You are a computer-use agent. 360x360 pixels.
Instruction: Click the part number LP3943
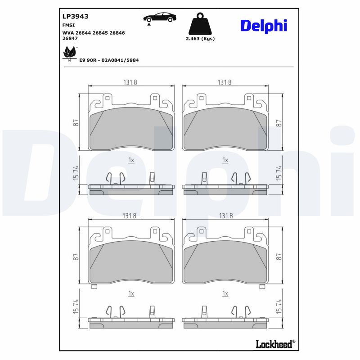tap(75, 16)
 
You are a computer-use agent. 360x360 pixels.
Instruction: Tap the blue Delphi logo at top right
tap(263, 26)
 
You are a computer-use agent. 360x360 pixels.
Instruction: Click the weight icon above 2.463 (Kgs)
tap(200, 24)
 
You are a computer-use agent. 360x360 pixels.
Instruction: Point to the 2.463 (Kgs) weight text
tap(200, 39)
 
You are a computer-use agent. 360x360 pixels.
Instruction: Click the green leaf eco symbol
tap(69, 53)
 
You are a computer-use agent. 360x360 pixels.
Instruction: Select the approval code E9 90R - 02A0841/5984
tap(108, 60)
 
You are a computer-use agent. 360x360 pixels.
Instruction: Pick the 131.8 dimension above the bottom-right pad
tap(225, 216)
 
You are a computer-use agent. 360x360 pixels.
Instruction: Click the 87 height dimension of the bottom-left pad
tap(76, 256)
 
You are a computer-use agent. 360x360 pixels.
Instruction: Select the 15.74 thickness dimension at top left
tap(76, 174)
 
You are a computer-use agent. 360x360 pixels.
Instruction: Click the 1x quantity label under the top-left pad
tap(131, 160)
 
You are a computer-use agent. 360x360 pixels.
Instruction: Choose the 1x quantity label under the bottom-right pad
tap(225, 293)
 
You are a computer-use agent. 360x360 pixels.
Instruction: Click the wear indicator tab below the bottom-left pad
tap(94, 287)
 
